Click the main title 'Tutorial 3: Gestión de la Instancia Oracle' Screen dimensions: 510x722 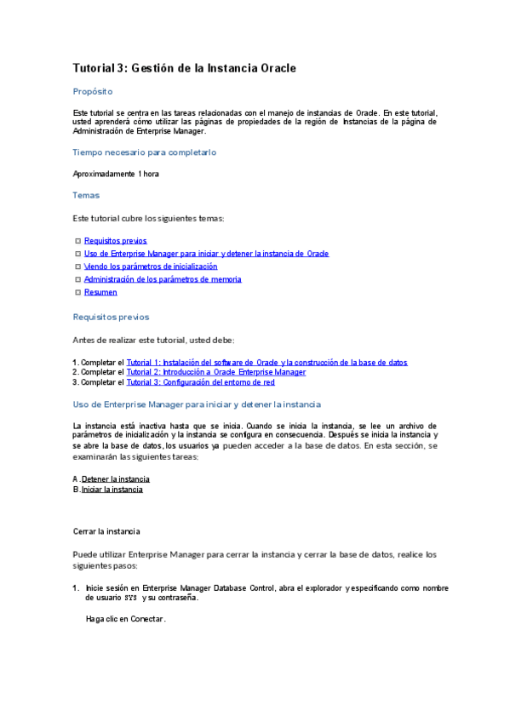point(184,68)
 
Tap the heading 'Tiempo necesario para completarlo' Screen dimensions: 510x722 point(145,152)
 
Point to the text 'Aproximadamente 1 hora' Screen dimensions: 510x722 point(116,174)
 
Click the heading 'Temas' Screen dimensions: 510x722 point(86,195)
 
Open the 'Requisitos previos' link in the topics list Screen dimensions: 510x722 point(116,241)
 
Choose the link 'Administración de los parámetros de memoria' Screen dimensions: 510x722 point(163,279)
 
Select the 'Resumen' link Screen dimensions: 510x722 point(100,292)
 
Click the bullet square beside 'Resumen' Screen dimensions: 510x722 point(77,292)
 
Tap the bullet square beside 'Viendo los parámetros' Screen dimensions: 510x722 point(77,266)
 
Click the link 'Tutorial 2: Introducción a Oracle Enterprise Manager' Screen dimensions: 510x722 point(216,372)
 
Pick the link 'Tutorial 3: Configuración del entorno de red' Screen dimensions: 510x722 point(200,382)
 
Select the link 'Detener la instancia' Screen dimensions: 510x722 point(115,479)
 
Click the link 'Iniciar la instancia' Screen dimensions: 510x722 point(112,490)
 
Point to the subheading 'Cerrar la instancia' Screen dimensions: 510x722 point(106,531)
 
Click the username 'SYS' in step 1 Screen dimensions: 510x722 point(130,599)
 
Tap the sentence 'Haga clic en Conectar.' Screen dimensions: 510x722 point(125,619)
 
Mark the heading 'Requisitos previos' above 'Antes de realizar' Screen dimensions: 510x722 point(112,317)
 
